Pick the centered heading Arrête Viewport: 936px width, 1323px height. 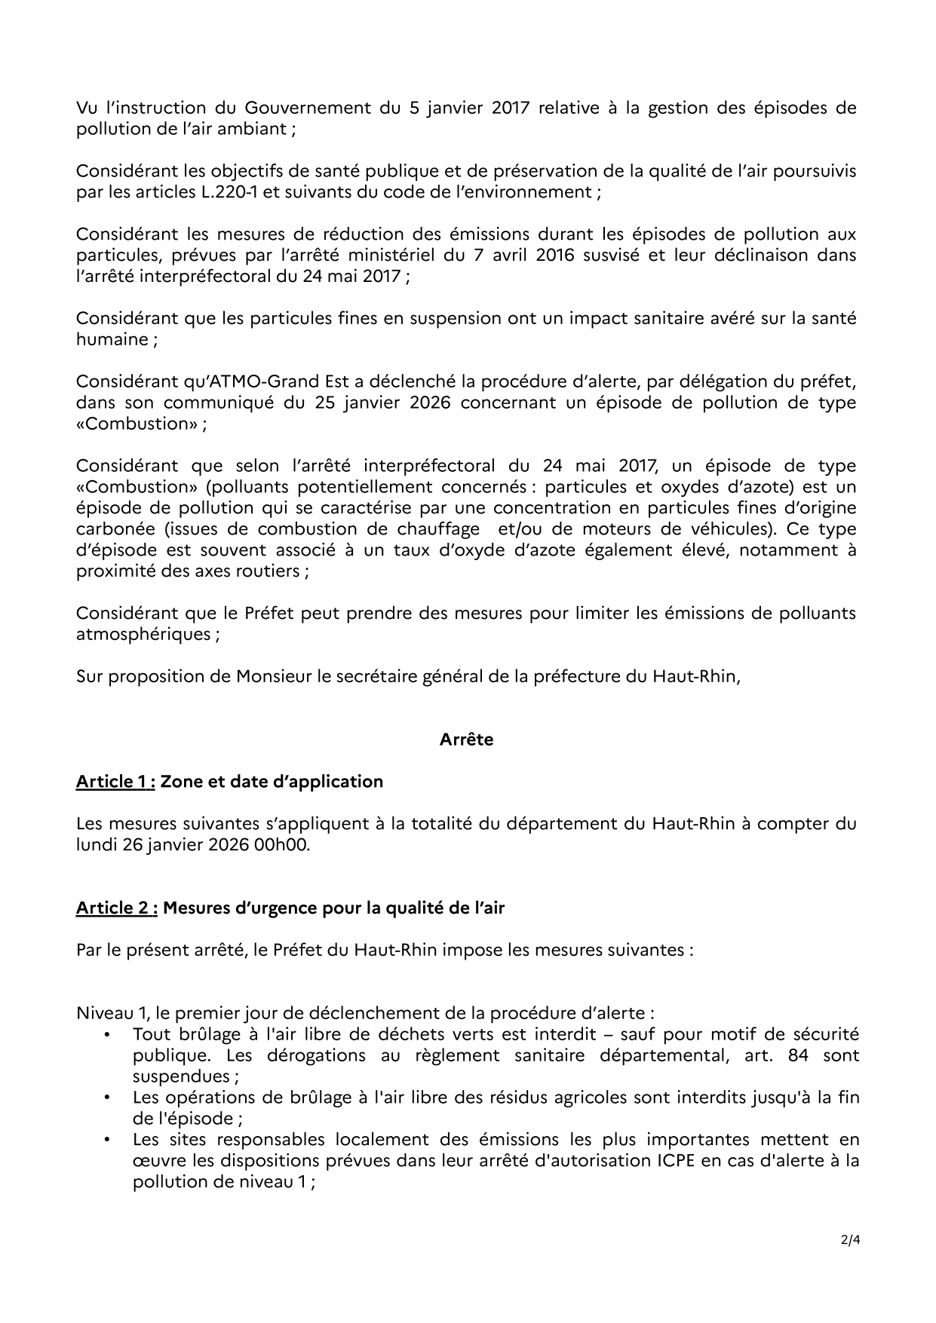[x=466, y=740]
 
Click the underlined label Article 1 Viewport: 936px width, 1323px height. [x=115, y=782]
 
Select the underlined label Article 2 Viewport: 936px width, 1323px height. [x=116, y=908]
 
